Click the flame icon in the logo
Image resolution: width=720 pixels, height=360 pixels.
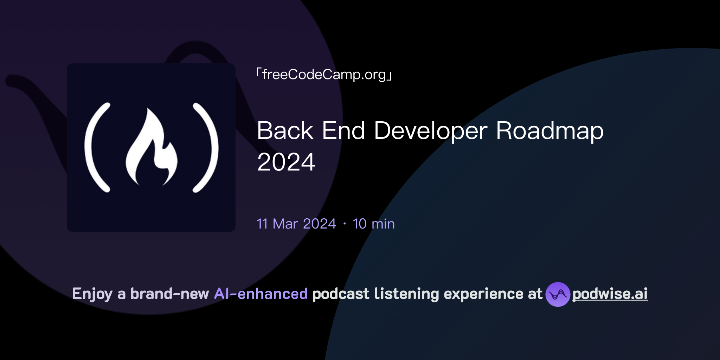[x=152, y=149]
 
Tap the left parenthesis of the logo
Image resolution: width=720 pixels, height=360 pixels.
[x=95, y=148]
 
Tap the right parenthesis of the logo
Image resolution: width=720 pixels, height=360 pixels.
[x=207, y=148]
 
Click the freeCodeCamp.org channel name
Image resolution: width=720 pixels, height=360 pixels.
[x=324, y=75]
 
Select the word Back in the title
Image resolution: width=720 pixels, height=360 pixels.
[x=285, y=131]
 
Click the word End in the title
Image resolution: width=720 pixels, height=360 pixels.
[x=343, y=131]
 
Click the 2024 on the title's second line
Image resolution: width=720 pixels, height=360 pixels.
[x=286, y=162]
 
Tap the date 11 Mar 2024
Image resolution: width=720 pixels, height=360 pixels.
[x=296, y=224]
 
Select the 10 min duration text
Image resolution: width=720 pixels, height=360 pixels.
[x=373, y=224]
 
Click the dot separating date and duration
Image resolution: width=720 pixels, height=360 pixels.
[x=345, y=224]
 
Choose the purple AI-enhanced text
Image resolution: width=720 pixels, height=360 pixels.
[x=261, y=294]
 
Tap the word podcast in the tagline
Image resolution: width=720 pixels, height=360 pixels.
[x=341, y=294]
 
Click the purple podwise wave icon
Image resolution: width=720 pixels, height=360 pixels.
[x=558, y=294]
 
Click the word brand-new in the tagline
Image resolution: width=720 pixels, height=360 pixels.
[x=169, y=294]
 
